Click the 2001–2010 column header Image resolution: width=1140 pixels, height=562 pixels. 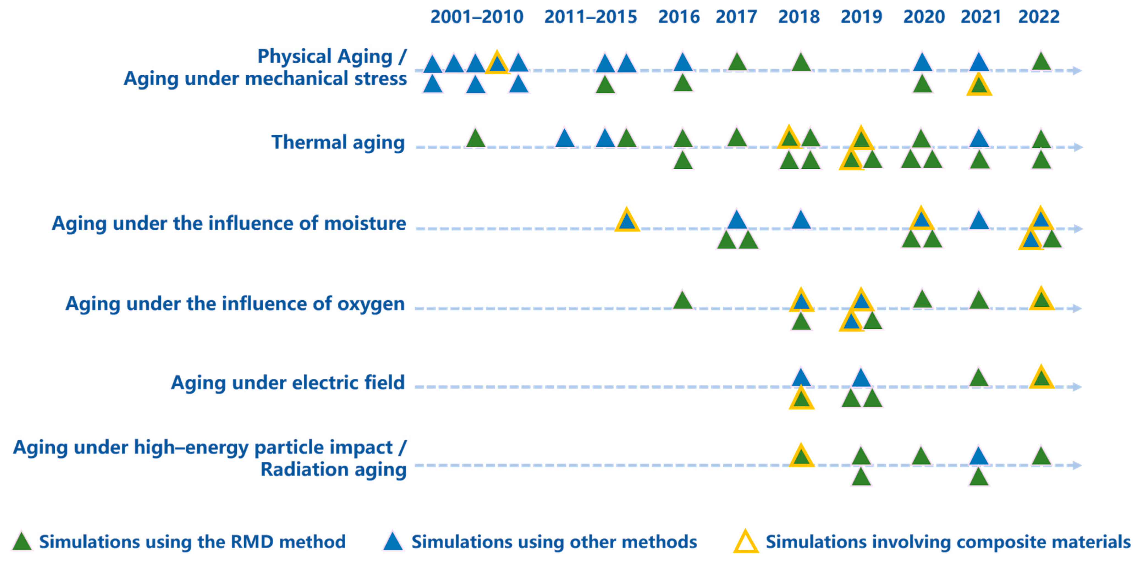(477, 17)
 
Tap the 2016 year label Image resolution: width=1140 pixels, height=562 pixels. (679, 17)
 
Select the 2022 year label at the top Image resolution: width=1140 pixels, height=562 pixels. (1039, 17)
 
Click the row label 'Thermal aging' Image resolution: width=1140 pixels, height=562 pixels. (338, 142)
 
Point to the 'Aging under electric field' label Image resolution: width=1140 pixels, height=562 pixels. (288, 383)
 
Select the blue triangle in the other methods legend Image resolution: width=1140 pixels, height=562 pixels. (393, 542)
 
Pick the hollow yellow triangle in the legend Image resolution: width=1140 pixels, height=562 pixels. (746, 542)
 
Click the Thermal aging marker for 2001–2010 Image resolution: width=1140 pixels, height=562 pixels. (476, 139)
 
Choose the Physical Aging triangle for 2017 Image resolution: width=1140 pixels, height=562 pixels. (737, 63)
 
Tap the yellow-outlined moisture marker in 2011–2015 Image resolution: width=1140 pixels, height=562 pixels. (627, 220)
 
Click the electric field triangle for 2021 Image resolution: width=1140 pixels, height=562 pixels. (979, 378)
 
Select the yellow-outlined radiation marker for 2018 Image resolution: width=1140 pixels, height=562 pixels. (801, 456)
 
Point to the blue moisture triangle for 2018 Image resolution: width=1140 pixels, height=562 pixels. (801, 220)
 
